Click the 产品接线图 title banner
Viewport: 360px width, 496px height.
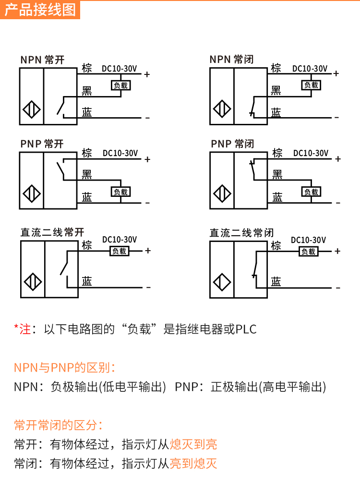(x=41, y=9)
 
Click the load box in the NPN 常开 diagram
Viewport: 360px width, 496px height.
(x=121, y=85)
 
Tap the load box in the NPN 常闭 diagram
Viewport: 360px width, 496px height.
(x=312, y=85)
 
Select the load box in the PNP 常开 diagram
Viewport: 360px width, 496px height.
(x=121, y=192)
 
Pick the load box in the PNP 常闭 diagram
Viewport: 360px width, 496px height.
(x=312, y=192)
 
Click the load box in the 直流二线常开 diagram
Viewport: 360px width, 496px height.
(x=120, y=251)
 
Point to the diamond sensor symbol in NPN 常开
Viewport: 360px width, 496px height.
(x=31, y=109)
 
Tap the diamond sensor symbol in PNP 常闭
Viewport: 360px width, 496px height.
(x=222, y=194)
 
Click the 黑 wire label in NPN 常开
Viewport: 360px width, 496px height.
(x=87, y=90)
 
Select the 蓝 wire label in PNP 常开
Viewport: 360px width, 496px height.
(x=87, y=196)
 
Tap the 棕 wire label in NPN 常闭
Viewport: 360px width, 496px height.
(x=276, y=68)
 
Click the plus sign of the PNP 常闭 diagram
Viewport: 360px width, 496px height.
(x=338, y=159)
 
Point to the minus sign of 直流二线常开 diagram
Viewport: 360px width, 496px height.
(x=148, y=287)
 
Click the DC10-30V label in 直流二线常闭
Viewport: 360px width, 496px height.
(x=309, y=240)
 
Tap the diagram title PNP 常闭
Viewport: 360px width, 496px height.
(x=232, y=144)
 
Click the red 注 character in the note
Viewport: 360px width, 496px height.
(x=25, y=329)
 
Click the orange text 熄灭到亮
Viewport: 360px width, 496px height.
(x=193, y=444)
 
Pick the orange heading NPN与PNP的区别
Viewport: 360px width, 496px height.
(x=64, y=368)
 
